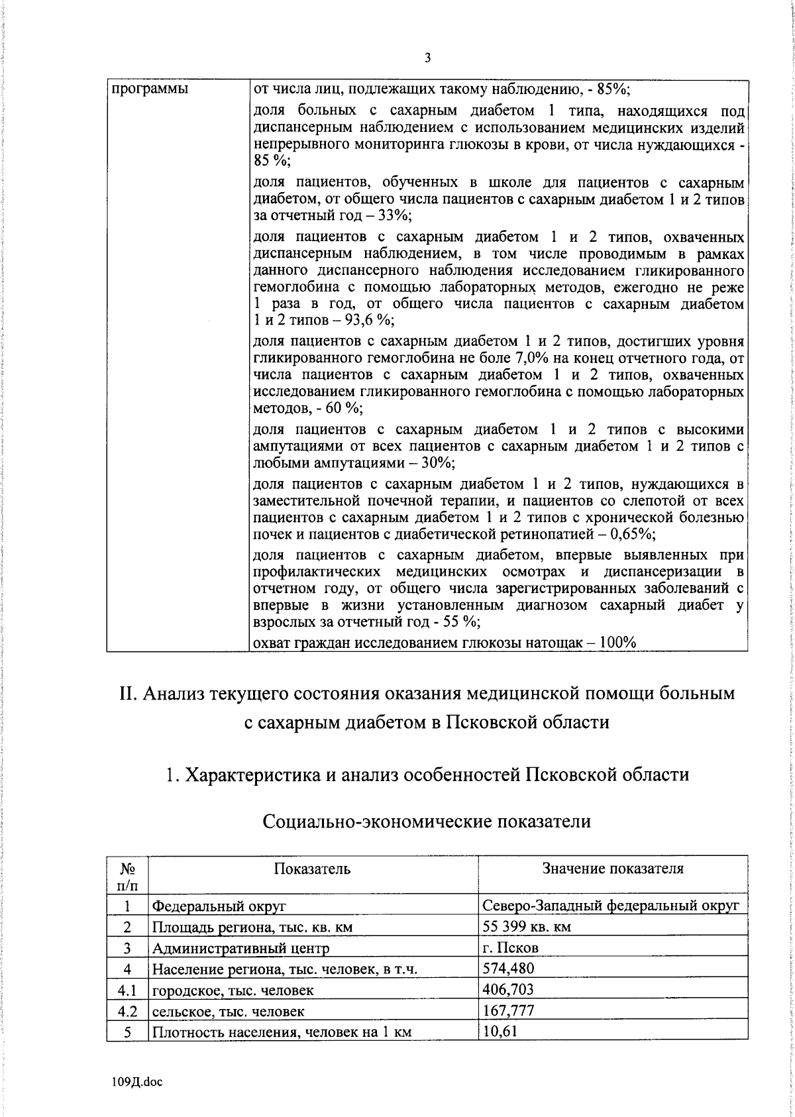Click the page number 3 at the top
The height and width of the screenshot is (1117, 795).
pyautogui.click(x=427, y=58)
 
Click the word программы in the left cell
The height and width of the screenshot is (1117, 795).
pyautogui.click(x=149, y=89)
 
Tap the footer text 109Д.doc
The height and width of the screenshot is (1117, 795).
pyautogui.click(x=136, y=1082)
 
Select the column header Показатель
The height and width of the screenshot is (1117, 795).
pyautogui.click(x=313, y=869)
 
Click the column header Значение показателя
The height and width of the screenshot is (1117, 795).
pyautogui.click(x=613, y=869)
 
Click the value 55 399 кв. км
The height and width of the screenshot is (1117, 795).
pyautogui.click(x=527, y=927)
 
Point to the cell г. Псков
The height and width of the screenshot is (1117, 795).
pyautogui.click(x=511, y=948)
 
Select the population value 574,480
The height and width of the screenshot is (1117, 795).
pyautogui.click(x=508, y=969)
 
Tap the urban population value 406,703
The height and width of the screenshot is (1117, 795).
pyautogui.click(x=508, y=990)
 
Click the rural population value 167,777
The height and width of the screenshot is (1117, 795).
pyautogui.click(x=508, y=1011)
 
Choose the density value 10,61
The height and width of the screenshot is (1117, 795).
pyautogui.click(x=500, y=1032)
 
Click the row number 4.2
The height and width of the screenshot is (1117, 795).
pyautogui.click(x=127, y=1011)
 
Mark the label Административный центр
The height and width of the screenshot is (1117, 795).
pyautogui.click(x=241, y=948)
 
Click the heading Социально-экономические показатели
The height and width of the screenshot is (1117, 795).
pyautogui.click(x=427, y=822)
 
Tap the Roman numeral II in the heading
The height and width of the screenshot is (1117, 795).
pyautogui.click(x=128, y=694)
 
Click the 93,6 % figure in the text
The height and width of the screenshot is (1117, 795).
pyautogui.click(x=372, y=321)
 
